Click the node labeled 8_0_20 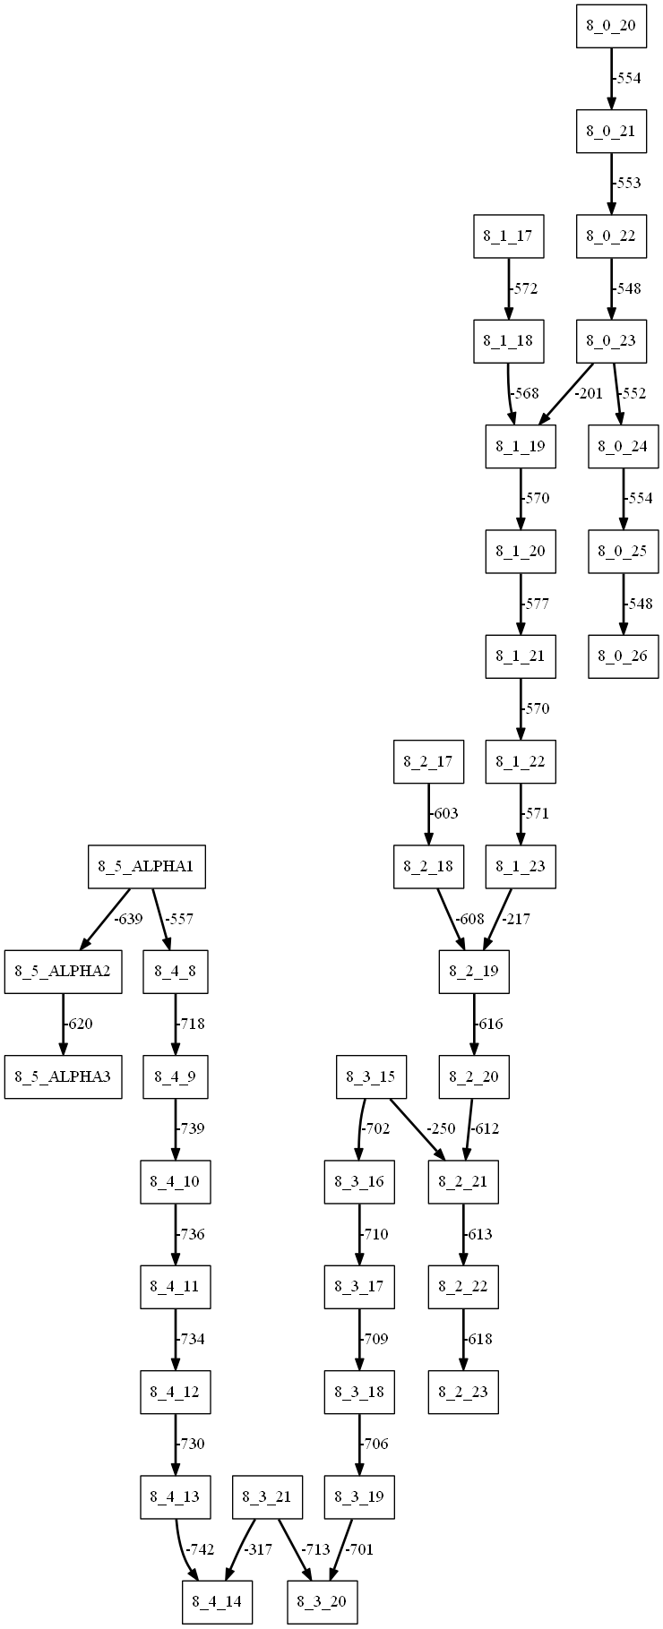tap(610, 26)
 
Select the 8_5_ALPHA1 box tap(147, 867)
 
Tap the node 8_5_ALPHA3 tap(63, 1076)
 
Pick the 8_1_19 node tap(521, 445)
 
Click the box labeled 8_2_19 tap(474, 972)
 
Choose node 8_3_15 tap(371, 1076)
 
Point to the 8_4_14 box tap(217, 1601)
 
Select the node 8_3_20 tap(323, 1601)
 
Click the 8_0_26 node tap(623, 656)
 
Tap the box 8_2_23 tap(462, 1393)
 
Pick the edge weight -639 tap(127, 919)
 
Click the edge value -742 tap(199, 1549)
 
